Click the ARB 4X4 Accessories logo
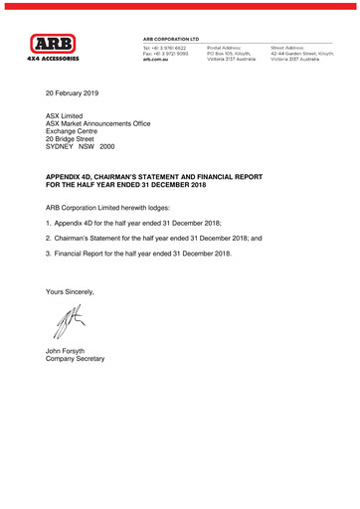coord(61,48)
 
